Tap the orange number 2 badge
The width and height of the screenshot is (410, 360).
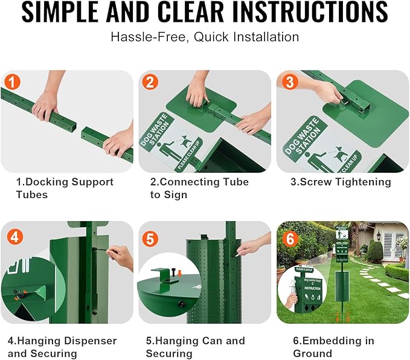pos(151,82)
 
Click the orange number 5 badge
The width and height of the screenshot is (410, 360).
pos(151,238)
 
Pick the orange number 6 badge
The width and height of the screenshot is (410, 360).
pos(290,238)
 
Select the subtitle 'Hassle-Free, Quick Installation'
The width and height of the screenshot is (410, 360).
pos(205,37)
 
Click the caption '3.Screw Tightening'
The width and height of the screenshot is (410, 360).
pos(341,182)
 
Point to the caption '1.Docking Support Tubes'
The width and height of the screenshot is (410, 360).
pos(64,188)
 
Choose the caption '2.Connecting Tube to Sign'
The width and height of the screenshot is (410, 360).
pos(199,188)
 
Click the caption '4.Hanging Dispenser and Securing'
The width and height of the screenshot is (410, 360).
pos(62,347)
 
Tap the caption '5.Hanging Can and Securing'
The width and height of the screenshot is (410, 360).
pos(196,347)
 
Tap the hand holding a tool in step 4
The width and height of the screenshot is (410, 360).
pos(121,256)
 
